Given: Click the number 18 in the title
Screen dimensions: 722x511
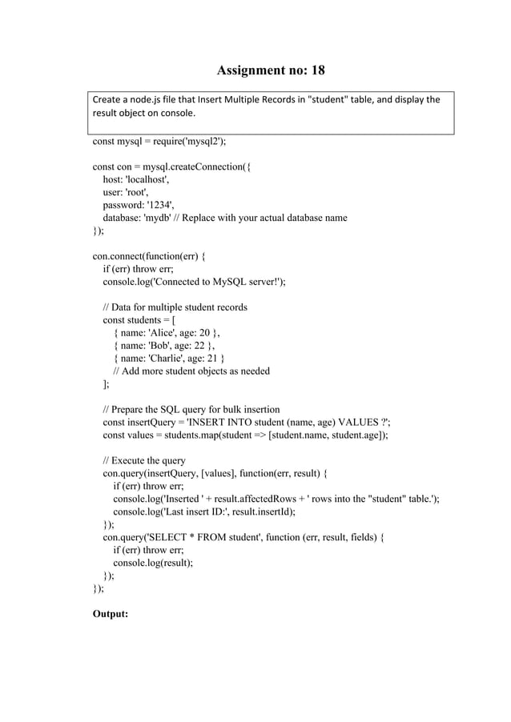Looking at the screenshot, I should tap(318, 70).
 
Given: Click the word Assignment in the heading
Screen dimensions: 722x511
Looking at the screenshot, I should tap(252, 70).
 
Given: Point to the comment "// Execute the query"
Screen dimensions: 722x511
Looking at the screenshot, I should tap(144, 460).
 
